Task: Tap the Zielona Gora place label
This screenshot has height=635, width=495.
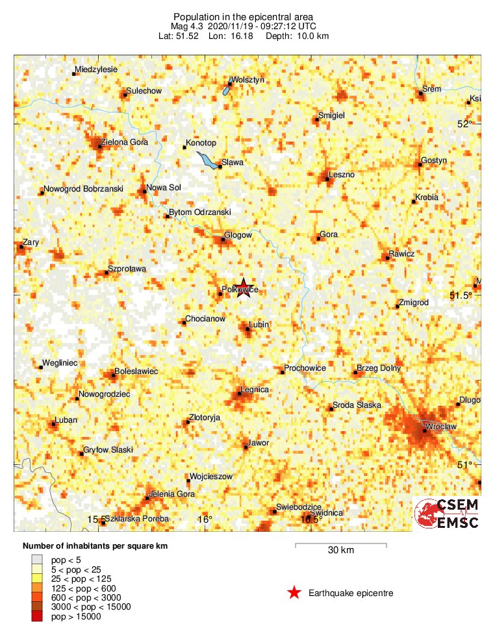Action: pyautogui.click(x=124, y=142)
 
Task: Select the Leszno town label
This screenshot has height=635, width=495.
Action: pyautogui.click(x=342, y=175)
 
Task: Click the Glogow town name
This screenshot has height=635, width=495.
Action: pyautogui.click(x=238, y=235)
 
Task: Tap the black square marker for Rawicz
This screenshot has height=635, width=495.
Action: pyautogui.click(x=388, y=258)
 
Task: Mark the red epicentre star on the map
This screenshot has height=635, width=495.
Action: pyautogui.click(x=244, y=287)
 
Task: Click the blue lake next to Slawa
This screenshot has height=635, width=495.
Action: pyautogui.click(x=207, y=160)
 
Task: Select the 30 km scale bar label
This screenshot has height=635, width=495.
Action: pyautogui.click(x=340, y=551)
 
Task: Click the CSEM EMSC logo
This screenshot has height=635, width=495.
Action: pyautogui.click(x=448, y=514)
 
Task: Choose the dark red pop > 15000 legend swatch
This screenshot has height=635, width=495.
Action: pyautogui.click(x=37, y=616)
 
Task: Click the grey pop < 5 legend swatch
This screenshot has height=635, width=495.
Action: pyautogui.click(x=37, y=559)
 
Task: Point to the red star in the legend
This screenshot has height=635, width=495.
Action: pyautogui.click(x=294, y=592)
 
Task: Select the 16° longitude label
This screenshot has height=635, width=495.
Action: pyautogui.click(x=205, y=519)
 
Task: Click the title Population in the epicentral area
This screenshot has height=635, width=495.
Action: pyautogui.click(x=244, y=16)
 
